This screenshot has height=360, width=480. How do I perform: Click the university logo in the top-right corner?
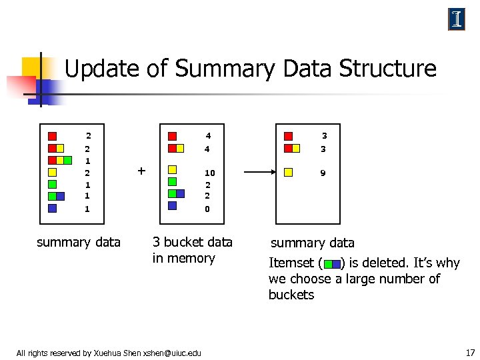(457, 19)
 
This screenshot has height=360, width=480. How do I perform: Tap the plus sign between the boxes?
(141, 171)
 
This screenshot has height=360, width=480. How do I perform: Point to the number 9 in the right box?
(323, 173)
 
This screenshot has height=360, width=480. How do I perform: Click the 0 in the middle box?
(208, 209)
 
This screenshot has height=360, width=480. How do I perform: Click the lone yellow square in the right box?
(289, 172)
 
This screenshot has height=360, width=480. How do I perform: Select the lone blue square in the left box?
(53, 207)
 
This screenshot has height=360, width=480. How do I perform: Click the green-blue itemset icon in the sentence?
(331, 264)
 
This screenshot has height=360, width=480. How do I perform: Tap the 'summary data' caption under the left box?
(79, 242)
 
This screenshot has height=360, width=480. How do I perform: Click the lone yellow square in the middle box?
(173, 170)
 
